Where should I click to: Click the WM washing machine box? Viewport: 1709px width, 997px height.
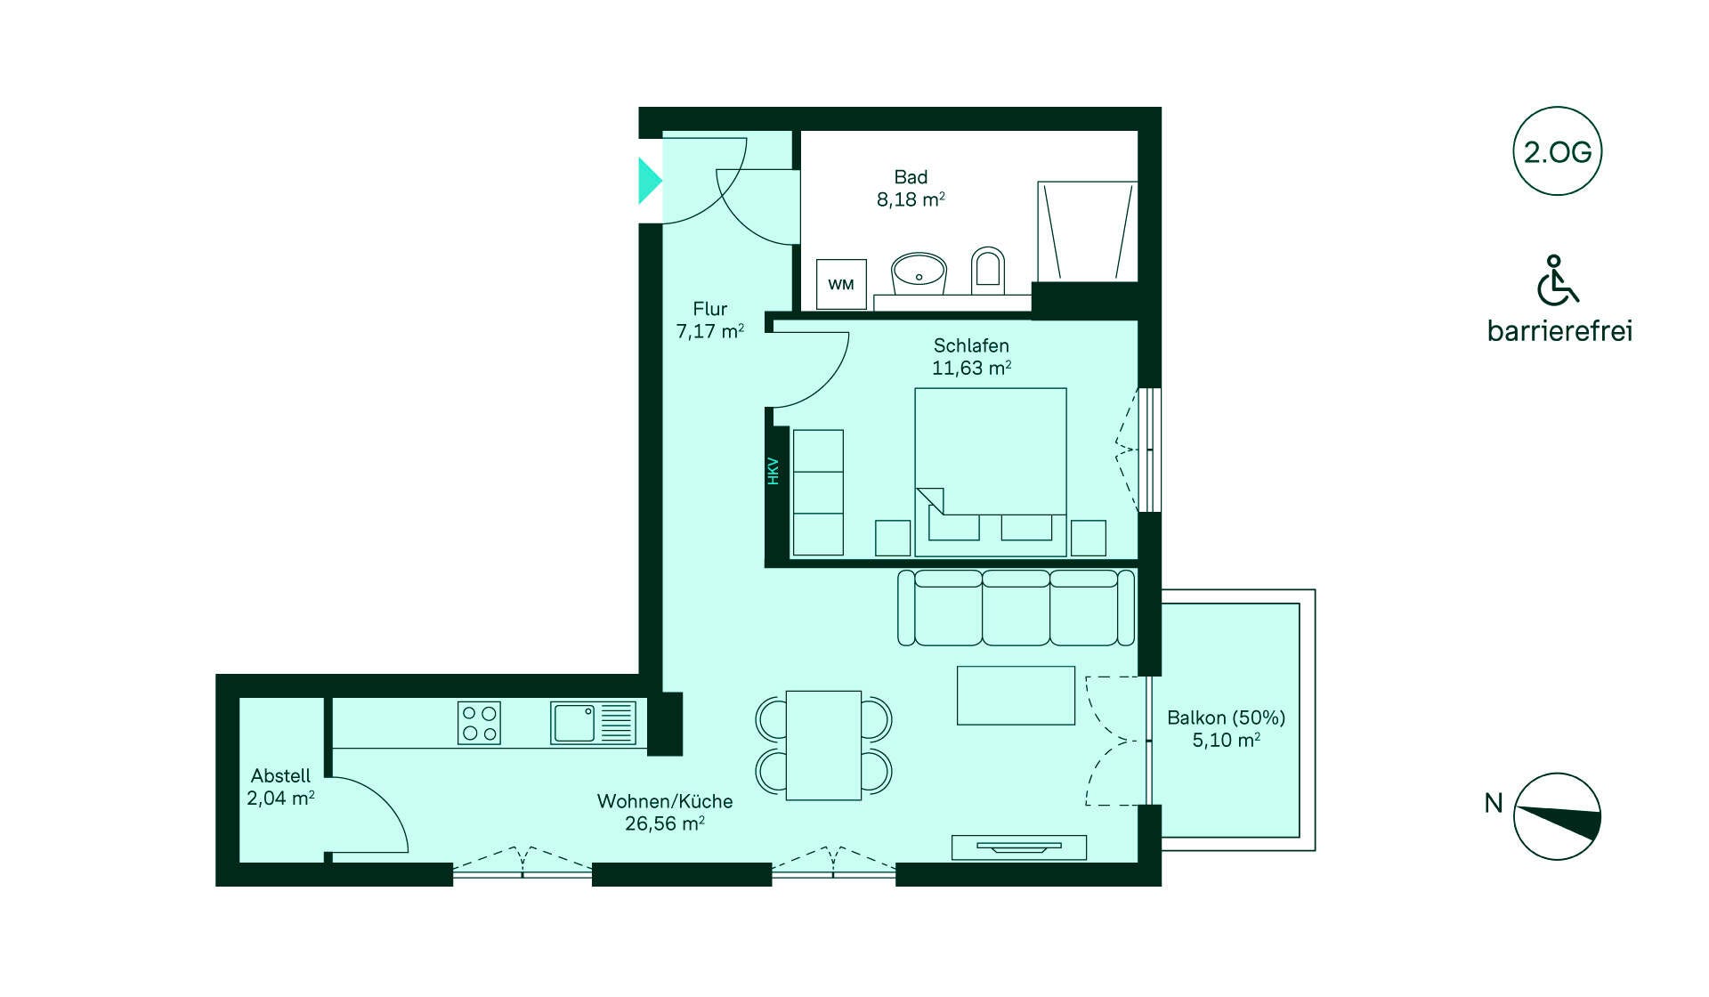coord(841,285)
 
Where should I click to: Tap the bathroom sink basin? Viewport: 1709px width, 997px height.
coord(919,272)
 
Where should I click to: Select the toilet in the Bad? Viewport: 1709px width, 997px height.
coord(987,268)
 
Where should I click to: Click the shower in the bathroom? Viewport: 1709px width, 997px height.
coord(1087,231)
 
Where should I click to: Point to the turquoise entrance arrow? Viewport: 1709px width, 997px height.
coord(649,181)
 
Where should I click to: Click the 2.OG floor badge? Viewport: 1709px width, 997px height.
coord(1557,152)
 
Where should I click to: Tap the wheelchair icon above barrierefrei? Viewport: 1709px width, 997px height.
coord(1556,280)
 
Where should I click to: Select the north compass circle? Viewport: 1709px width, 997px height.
coord(1557,816)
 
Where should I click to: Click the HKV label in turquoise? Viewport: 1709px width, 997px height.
coord(773,471)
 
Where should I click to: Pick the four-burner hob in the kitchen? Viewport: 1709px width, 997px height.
coord(479,723)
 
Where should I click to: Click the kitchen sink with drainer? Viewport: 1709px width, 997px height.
coord(593,722)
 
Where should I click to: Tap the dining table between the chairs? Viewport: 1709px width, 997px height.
coord(823,745)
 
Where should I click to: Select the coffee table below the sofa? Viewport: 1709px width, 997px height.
coord(1016,695)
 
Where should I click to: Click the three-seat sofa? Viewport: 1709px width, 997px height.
coord(1016,608)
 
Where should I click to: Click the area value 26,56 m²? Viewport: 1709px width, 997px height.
coord(664,824)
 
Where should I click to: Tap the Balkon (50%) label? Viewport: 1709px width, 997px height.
coord(1226,717)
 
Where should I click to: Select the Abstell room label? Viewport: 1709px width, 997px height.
coord(280,776)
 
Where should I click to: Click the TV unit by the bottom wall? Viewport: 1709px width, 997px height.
coord(1018,847)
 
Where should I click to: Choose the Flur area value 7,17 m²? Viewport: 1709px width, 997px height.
coord(709,332)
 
